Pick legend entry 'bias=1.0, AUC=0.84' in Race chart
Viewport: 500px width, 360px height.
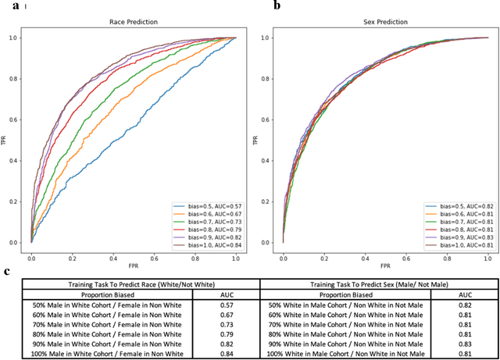click(205, 245)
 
